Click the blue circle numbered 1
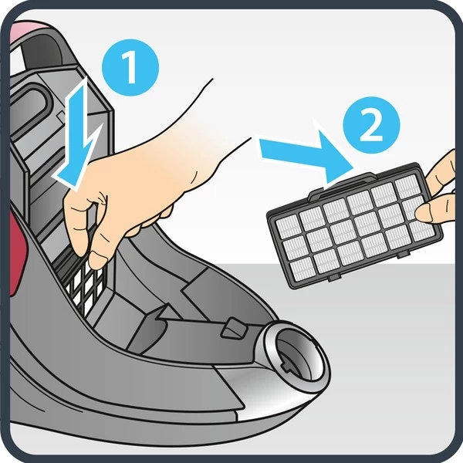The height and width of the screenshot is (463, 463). pyautogui.click(x=130, y=67)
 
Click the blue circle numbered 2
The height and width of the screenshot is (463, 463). pyautogui.click(x=371, y=125)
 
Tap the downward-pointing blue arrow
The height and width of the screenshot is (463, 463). pyautogui.click(x=78, y=134)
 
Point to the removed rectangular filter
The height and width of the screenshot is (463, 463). pyautogui.click(x=355, y=226)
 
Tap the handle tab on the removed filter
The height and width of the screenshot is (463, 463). pyautogui.click(x=343, y=184)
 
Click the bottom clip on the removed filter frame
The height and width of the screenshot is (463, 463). pyautogui.click(x=334, y=277)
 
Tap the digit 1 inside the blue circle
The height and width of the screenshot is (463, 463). pyautogui.click(x=129, y=67)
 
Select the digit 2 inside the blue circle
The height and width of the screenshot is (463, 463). pyautogui.click(x=371, y=125)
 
